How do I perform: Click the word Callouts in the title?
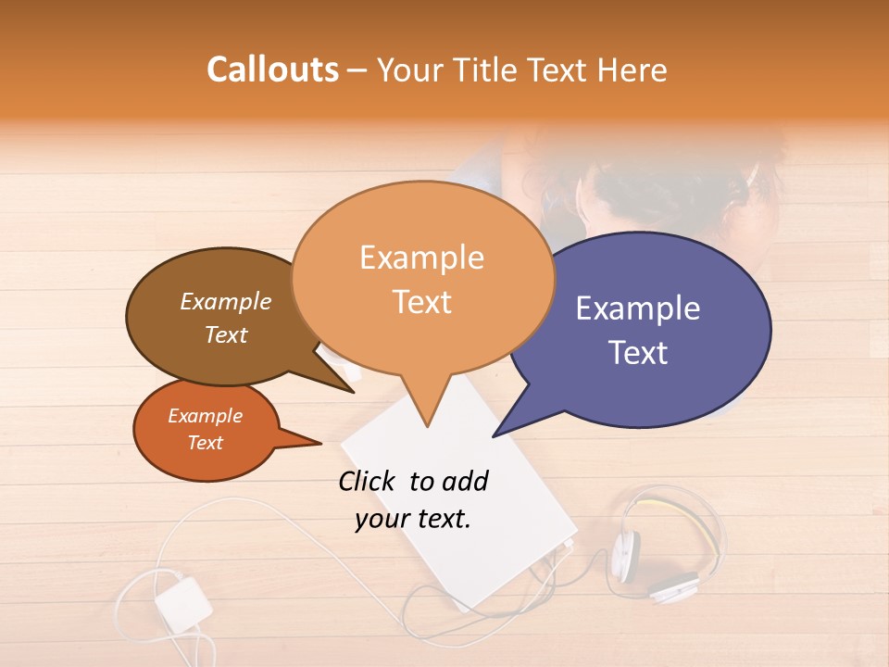coord(272,69)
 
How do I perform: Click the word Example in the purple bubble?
coord(638,308)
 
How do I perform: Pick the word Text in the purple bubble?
coord(638,353)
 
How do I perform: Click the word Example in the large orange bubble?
coord(421,258)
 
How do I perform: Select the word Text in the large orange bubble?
coord(421,302)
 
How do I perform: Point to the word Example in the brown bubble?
coord(225,302)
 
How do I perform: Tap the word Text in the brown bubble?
coord(225,334)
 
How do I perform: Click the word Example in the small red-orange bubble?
coord(205,416)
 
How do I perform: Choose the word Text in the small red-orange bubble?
coord(205,443)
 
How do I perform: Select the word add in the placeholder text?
coord(464,481)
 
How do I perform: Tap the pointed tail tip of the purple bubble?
coord(493,435)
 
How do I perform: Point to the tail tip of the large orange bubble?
coord(427,426)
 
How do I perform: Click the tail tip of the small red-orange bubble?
coord(320,443)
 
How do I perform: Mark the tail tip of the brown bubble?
coord(354,392)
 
